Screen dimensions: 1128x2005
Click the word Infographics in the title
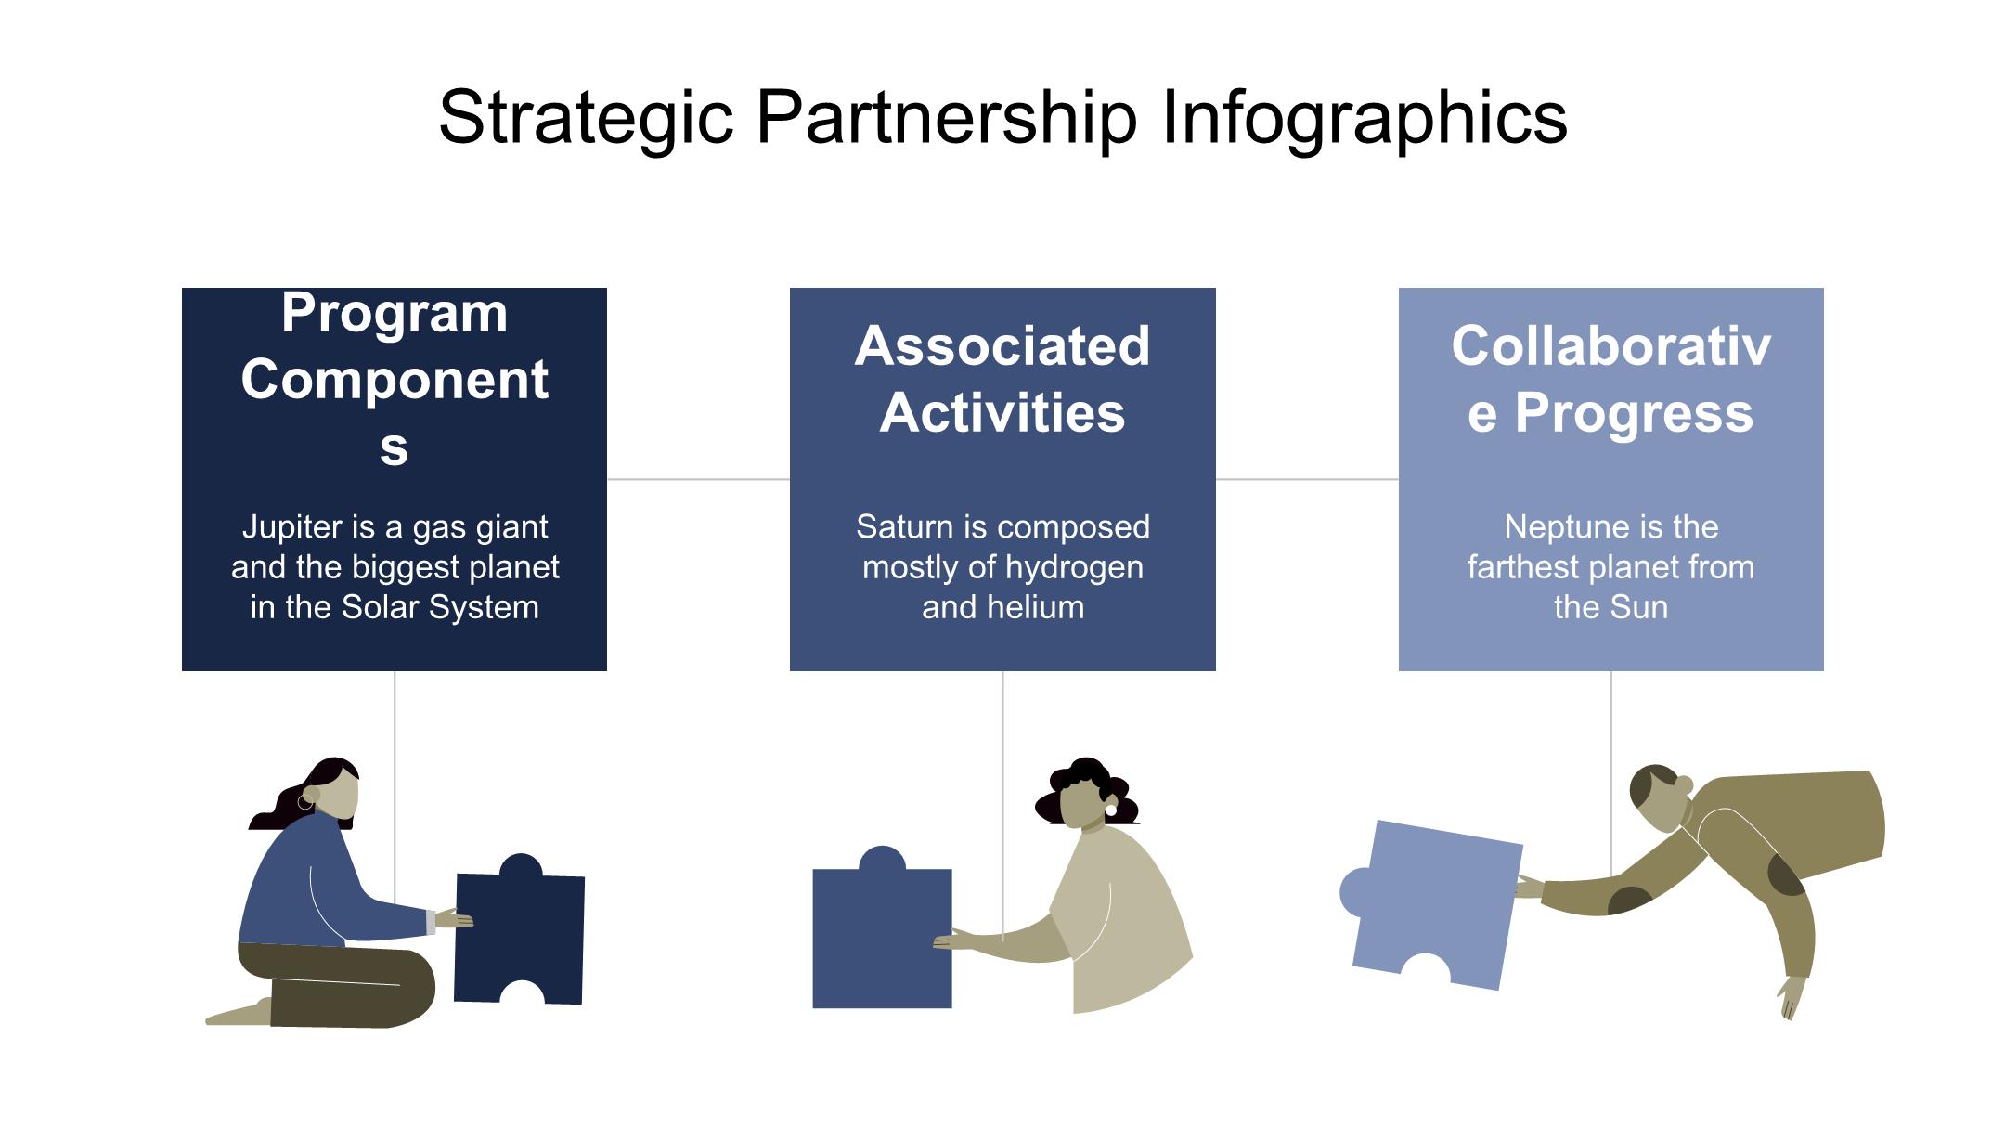(1364, 118)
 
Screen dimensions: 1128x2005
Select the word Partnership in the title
(946, 118)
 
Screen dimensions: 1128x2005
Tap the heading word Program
(395, 314)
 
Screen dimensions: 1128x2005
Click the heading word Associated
(1002, 346)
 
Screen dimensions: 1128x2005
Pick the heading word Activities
(1002, 413)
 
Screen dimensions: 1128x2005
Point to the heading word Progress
(1634, 413)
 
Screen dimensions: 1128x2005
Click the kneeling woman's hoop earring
(305, 801)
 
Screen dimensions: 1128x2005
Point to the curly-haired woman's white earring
(1110, 810)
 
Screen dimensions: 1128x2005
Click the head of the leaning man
(1659, 797)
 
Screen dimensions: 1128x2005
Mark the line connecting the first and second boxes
(698, 479)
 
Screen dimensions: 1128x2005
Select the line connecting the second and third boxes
(1307, 479)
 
